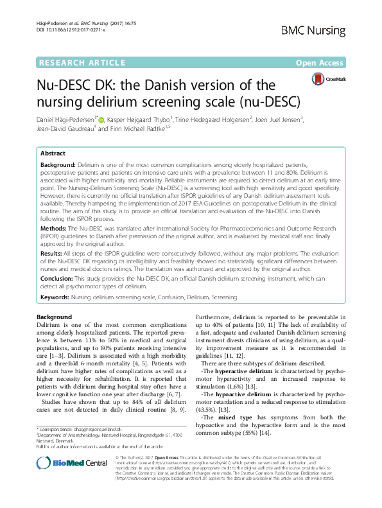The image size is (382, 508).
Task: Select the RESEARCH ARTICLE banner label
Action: [x=82, y=62]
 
